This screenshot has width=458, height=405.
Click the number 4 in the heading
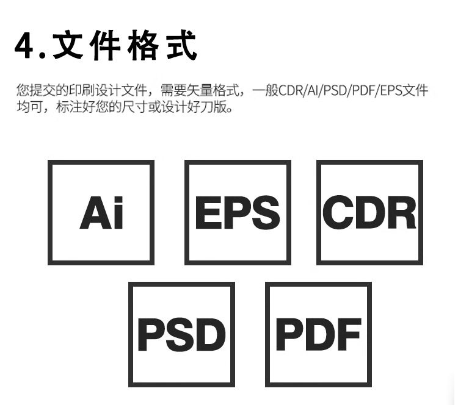[25, 47]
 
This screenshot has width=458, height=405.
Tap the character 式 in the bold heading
[181, 46]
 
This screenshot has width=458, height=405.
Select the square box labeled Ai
[101, 212]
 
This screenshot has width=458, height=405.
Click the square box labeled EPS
[238, 212]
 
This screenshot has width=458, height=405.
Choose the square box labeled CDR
[369, 212]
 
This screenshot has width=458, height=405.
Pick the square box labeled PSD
[181, 334]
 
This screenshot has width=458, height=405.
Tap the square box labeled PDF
[318, 334]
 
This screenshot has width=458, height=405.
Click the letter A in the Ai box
[92, 213]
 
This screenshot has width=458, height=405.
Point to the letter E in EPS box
[206, 213]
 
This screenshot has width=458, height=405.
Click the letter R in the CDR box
[402, 213]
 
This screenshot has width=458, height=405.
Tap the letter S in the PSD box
[181, 335]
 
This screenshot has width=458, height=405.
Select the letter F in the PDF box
[350, 334]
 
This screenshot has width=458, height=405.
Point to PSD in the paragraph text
[336, 92]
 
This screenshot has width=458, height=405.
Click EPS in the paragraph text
[392, 92]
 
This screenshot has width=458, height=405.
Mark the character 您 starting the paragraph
[23, 92]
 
